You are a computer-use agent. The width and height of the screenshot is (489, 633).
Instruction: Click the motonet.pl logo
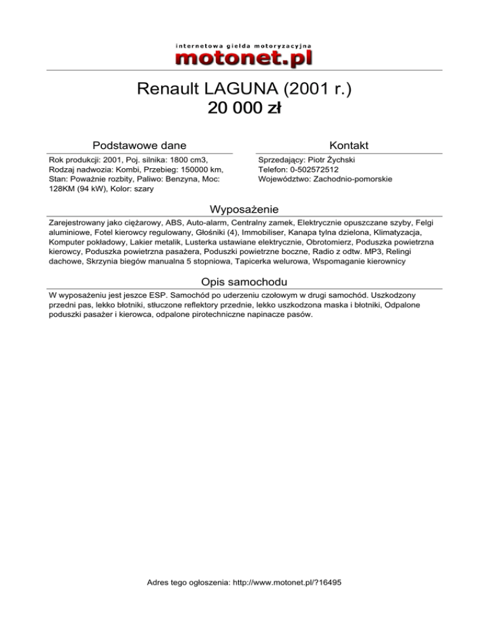coord(244,57)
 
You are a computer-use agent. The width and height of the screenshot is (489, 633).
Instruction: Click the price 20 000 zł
coord(244,109)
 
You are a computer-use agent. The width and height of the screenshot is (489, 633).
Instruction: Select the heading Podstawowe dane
coord(139,145)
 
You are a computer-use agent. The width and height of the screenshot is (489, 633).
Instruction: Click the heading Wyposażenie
coord(244,209)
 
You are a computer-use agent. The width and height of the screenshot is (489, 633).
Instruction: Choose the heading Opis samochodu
coord(244,281)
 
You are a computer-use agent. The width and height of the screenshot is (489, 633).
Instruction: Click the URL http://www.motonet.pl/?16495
coord(288,582)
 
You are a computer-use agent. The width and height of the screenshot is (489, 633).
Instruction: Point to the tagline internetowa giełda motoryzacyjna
coord(244,46)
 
